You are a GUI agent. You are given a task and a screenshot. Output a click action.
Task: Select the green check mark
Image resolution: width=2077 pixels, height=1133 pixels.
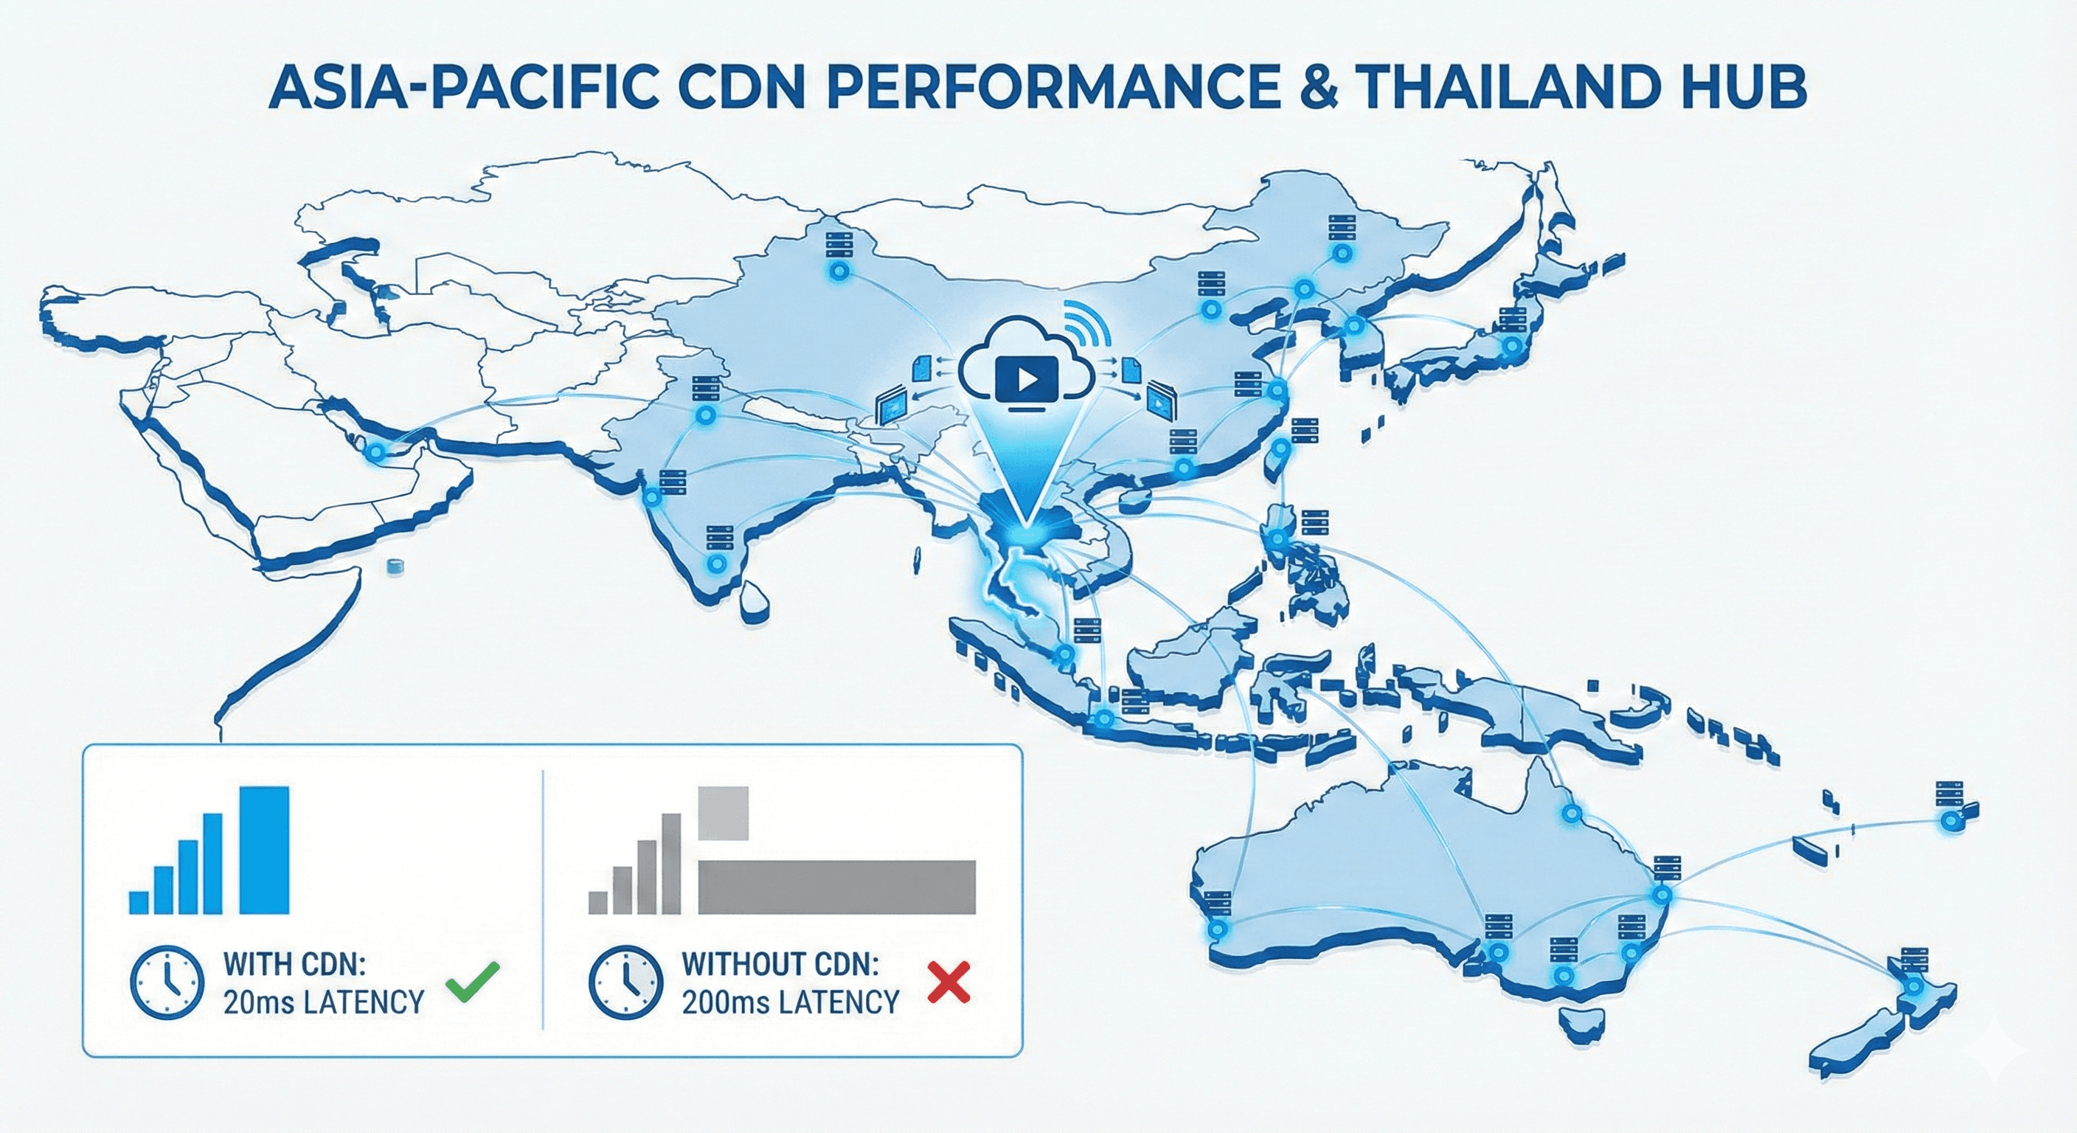[x=473, y=981]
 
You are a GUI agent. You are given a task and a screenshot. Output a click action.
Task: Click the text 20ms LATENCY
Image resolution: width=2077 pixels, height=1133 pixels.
[x=323, y=1002]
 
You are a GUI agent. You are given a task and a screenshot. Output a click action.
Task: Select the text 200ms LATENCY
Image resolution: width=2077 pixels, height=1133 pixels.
[x=790, y=1002]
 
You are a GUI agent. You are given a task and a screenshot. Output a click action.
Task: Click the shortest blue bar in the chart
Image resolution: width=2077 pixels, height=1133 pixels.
[x=139, y=901]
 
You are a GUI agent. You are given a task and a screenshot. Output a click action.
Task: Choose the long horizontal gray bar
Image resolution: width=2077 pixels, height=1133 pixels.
[x=836, y=887]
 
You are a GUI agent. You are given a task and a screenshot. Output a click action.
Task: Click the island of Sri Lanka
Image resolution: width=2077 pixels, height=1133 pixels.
[x=755, y=599]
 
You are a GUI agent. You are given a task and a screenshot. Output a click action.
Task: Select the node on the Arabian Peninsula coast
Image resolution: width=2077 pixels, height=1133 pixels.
[x=374, y=454]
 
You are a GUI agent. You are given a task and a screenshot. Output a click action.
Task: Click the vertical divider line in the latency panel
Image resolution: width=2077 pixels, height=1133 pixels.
[x=544, y=899]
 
